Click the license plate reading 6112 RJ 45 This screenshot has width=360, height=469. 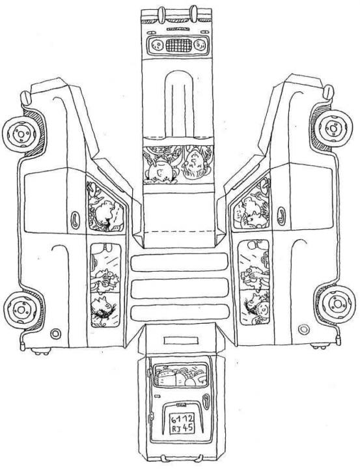[x=182, y=423]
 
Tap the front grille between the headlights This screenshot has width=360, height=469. [x=178, y=46]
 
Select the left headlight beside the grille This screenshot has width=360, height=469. [x=157, y=46]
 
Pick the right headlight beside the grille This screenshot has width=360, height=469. [x=200, y=46]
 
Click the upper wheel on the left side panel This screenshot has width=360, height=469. [x=20, y=134]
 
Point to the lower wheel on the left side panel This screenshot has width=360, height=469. [x=21, y=309]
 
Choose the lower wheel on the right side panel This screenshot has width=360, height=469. [x=337, y=304]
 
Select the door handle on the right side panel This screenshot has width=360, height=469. [x=282, y=216]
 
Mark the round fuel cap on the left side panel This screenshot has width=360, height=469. [x=55, y=334]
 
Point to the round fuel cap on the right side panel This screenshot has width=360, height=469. [x=303, y=330]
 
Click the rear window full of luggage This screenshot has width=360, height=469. [x=180, y=375]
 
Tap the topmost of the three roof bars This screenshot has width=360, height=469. [x=180, y=263]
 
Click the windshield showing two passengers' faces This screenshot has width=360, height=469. [x=178, y=164]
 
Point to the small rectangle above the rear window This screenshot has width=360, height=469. [x=181, y=340]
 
